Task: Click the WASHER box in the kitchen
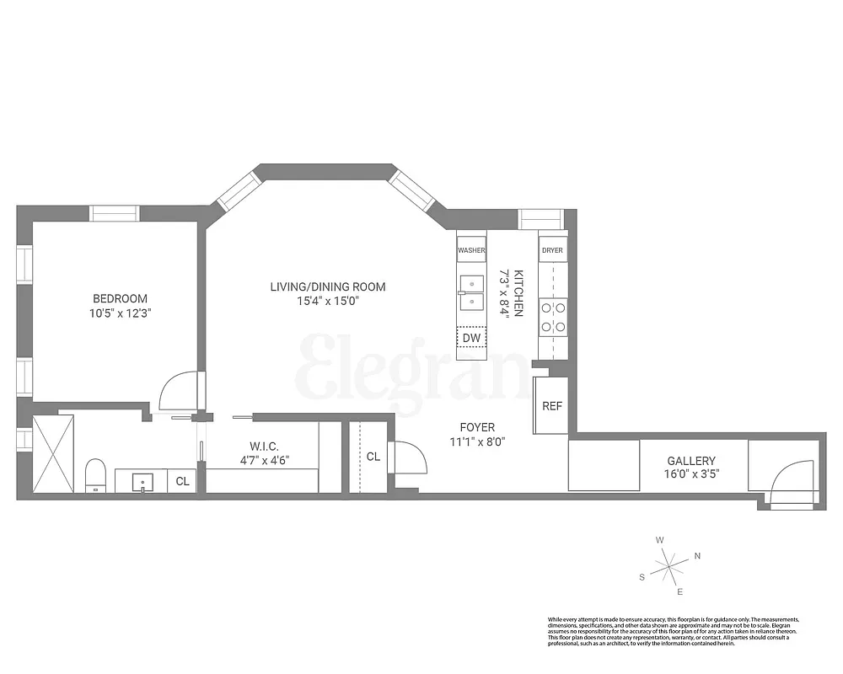click(x=471, y=250)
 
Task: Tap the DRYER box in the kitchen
click(x=553, y=250)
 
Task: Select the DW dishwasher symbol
click(x=471, y=338)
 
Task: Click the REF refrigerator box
click(x=551, y=405)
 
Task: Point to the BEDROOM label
click(x=120, y=298)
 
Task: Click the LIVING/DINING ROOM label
click(x=328, y=286)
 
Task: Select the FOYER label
click(x=477, y=427)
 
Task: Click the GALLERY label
click(x=691, y=461)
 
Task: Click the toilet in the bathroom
click(x=95, y=475)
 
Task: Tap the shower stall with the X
click(x=52, y=453)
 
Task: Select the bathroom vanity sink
click(x=142, y=482)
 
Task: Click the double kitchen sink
click(x=471, y=292)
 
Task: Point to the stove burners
click(x=553, y=317)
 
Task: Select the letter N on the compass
click(x=697, y=555)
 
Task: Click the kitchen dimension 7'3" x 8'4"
click(x=511, y=292)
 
